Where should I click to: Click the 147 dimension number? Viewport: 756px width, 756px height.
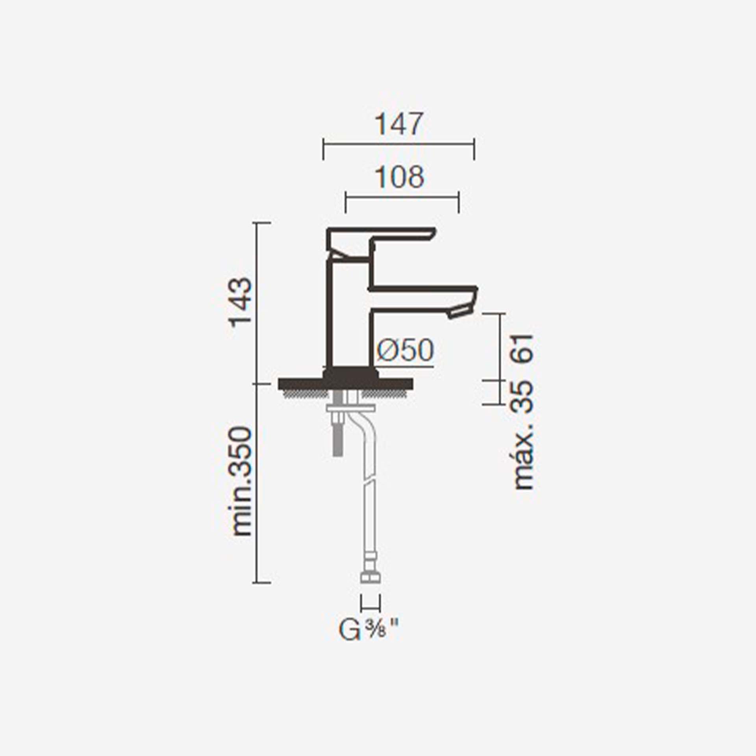(x=399, y=124)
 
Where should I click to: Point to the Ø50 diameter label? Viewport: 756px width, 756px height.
(x=405, y=350)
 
